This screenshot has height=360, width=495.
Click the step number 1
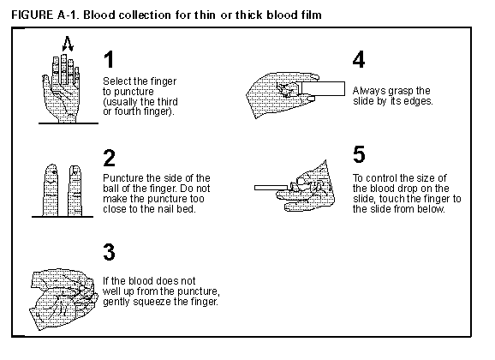click(109, 59)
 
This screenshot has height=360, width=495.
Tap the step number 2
click(110, 158)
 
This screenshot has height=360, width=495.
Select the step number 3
click(110, 252)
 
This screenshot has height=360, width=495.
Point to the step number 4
click(359, 59)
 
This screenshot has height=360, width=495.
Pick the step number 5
click(359, 154)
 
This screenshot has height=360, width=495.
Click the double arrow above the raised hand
click(68, 44)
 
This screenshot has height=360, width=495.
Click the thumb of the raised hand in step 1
click(45, 83)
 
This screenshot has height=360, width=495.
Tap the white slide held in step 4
click(322, 88)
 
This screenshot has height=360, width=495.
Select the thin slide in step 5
click(271, 188)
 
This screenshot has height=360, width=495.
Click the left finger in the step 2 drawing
click(51, 190)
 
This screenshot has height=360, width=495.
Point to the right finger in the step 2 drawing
click(75, 190)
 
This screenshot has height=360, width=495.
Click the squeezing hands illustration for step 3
click(63, 299)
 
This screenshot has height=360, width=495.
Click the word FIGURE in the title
click(33, 15)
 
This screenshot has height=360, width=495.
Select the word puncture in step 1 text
click(134, 93)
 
